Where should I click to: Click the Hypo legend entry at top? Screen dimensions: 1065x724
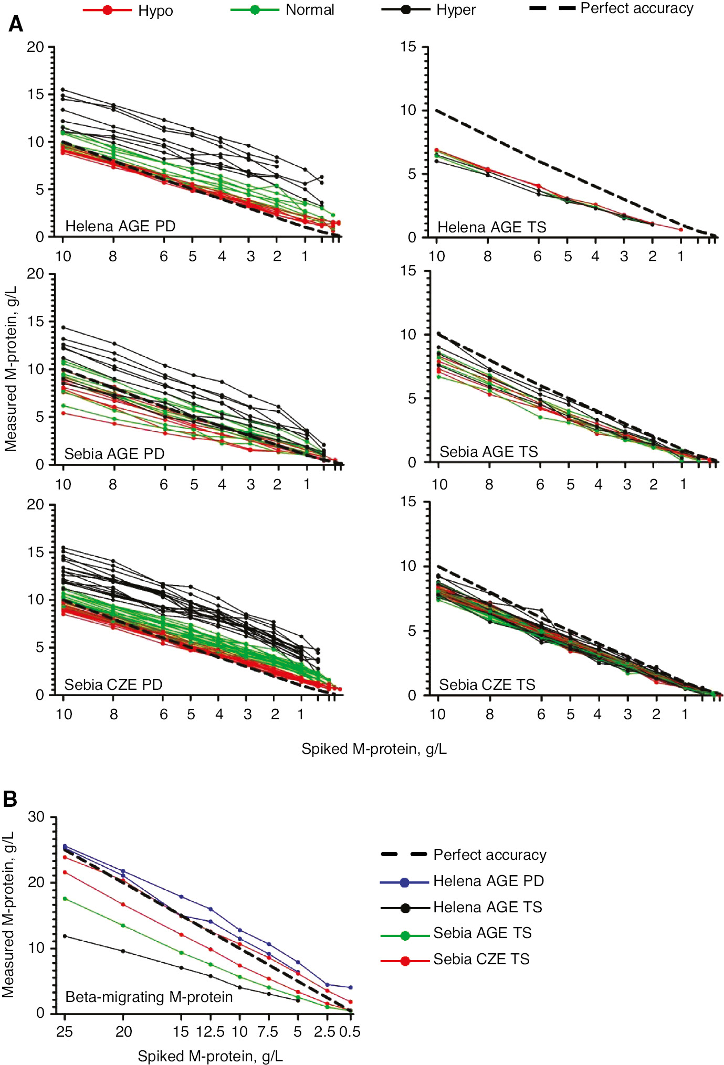[129, 10]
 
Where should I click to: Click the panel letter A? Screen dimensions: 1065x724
[16, 24]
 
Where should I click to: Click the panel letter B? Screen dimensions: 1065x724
[10, 800]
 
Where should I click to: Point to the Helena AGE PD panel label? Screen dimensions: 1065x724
[120, 226]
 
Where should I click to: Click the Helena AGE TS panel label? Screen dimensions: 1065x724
[491, 227]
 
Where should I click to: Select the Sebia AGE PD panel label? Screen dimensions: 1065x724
[114, 454]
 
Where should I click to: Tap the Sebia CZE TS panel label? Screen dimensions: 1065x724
[487, 685]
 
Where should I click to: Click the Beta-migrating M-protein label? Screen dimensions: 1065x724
[149, 997]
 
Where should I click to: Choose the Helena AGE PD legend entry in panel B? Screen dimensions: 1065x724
[463, 881]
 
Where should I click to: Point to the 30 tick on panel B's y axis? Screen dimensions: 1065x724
[36, 817]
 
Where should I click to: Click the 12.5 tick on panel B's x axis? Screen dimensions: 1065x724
[210, 1031]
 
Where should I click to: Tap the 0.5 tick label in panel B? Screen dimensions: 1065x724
[350, 1031]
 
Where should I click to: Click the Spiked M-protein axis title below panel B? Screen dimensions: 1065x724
[210, 1056]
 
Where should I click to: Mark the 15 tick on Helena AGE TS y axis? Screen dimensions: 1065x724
[408, 47]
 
